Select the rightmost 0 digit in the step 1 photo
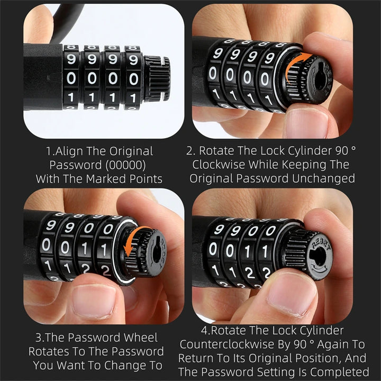[133, 78]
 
